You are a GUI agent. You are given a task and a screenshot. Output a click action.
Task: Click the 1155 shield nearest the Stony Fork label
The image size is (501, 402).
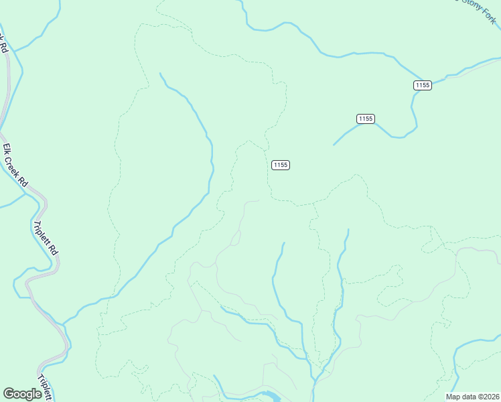point(422,85)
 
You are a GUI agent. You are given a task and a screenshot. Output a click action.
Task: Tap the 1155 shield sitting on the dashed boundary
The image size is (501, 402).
point(281,165)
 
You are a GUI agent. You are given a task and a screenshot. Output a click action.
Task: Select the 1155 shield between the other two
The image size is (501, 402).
point(365,119)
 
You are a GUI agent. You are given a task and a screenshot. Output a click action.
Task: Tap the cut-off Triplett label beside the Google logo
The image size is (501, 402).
point(46,387)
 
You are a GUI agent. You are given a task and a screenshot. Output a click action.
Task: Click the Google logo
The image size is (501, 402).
point(22,394)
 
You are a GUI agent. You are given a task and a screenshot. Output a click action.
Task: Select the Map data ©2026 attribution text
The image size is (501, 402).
point(473,396)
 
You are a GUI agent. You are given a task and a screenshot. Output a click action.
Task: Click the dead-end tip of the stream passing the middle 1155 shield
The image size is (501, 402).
point(334,144)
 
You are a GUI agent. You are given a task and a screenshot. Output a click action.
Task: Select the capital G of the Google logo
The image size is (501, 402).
point(9,393)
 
